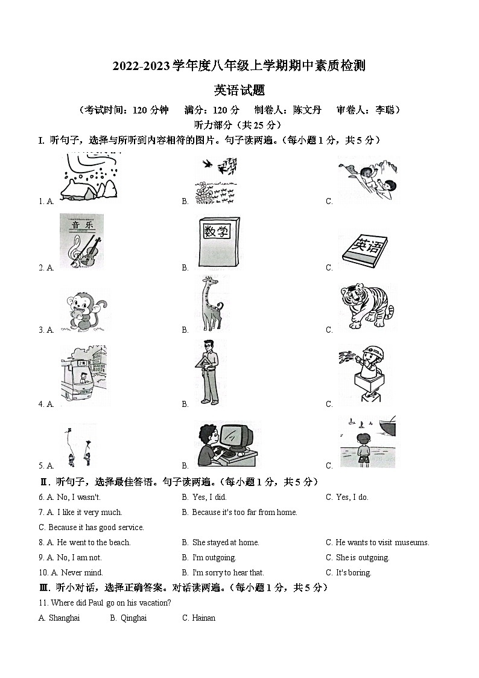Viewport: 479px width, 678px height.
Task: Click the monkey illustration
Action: coord(83,310)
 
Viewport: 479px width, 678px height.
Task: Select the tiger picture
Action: coord(366,307)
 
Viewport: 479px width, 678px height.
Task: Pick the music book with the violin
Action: coord(81,241)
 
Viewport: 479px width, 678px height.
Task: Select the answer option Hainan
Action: coord(203,618)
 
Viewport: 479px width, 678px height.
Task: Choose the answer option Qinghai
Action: coord(133,618)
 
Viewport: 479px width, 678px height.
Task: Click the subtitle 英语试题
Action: coord(239,90)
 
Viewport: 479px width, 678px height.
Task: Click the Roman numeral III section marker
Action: coord(44,587)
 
